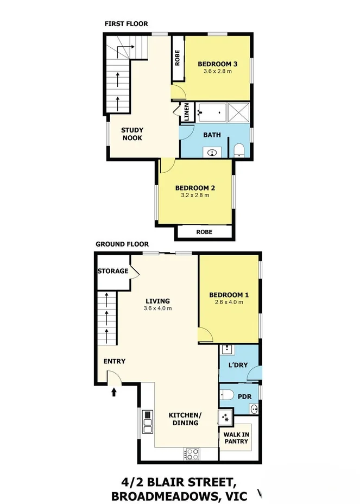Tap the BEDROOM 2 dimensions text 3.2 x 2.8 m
pos(194,196)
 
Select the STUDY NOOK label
pos(132,134)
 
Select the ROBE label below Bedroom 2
pos(205,232)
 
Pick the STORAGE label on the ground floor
pos(113,271)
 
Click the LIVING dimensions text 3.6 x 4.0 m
pos(157,308)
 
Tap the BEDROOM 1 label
pos(229,295)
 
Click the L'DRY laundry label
pos(238,364)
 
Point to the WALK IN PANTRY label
pos(236,438)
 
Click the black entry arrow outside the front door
pos(114,390)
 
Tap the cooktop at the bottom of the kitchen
pos(192,452)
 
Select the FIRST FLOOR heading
pos(126,23)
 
